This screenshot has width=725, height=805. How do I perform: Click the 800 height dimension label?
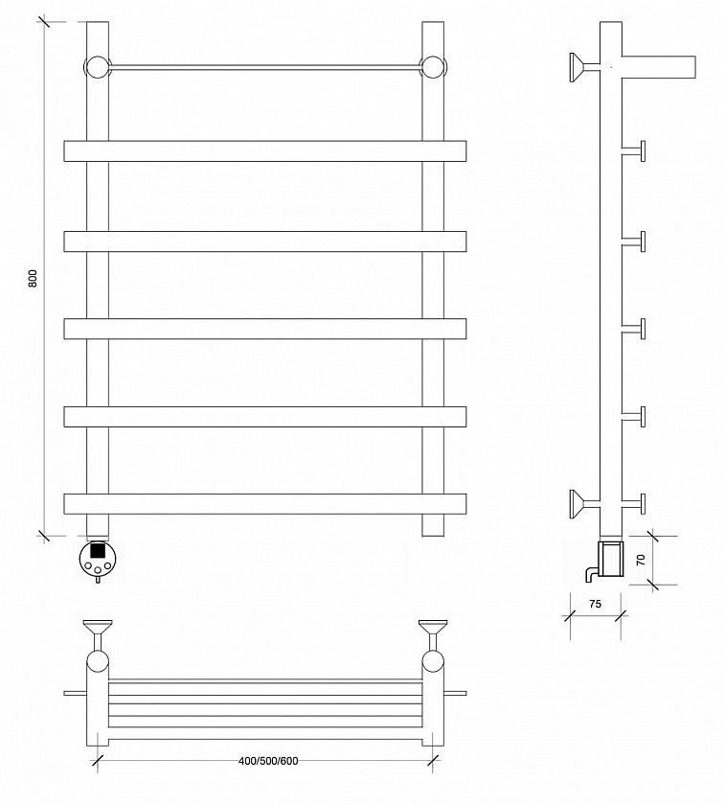33,278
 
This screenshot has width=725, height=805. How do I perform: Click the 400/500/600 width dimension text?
268,761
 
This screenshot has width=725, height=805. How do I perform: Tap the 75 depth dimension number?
595,604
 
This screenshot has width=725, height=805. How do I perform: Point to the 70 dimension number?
641,560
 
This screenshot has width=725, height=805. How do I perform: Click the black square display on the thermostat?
98,551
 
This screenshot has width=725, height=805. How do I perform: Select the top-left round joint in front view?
98,67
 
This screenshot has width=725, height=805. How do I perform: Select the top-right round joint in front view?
433,67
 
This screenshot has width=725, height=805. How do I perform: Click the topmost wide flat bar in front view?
265,151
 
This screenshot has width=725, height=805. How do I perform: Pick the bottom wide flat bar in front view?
265,504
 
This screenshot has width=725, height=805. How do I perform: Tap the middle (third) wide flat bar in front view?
265,329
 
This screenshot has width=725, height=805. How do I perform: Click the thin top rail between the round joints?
265,67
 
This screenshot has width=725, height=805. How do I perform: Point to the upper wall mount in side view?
584,67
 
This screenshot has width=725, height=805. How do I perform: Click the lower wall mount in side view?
584,504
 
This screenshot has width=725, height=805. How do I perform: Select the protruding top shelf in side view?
659,67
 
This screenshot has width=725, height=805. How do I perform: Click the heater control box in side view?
612,558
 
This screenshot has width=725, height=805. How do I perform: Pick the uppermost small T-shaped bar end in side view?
635,151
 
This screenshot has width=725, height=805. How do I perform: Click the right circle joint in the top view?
433,661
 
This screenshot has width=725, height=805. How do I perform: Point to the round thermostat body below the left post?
98,559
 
